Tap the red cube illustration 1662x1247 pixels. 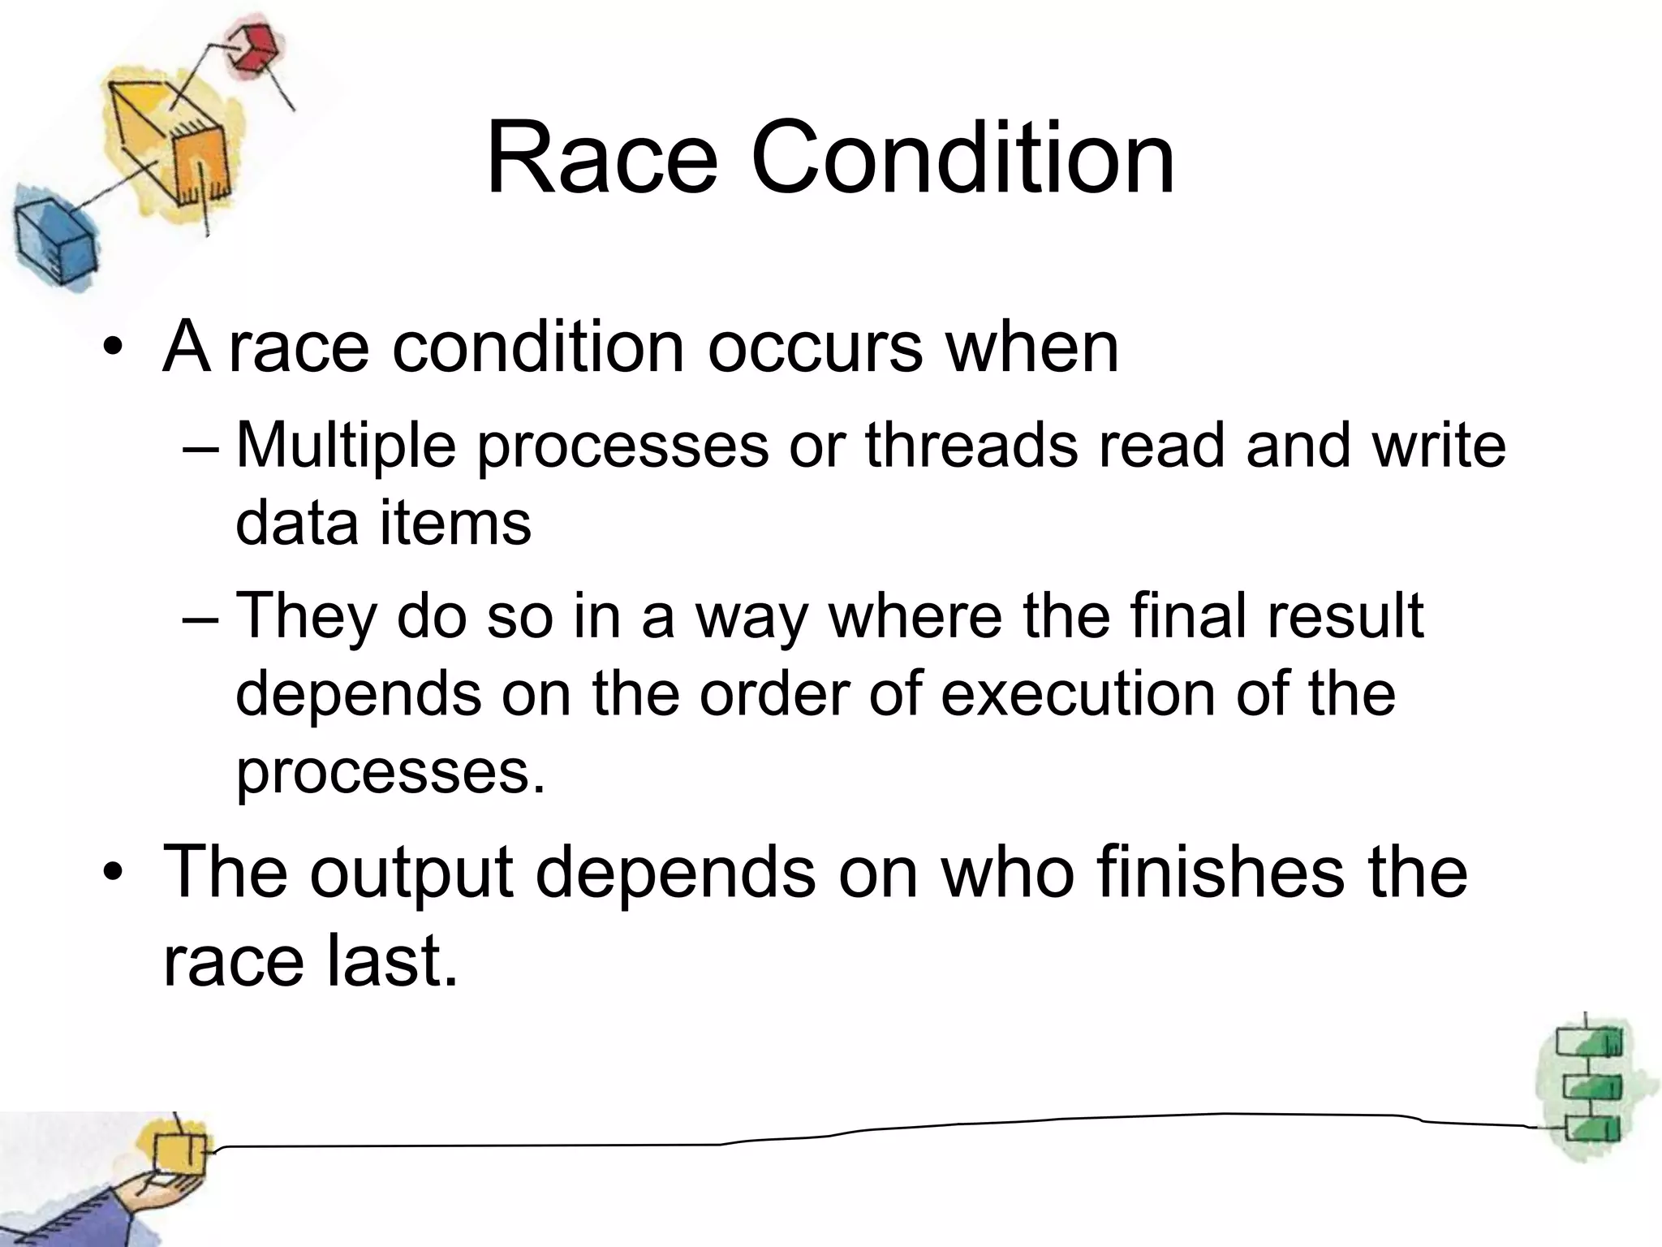[x=251, y=47]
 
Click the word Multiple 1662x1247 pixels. [x=346, y=447]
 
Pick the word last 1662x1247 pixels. [x=393, y=962]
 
